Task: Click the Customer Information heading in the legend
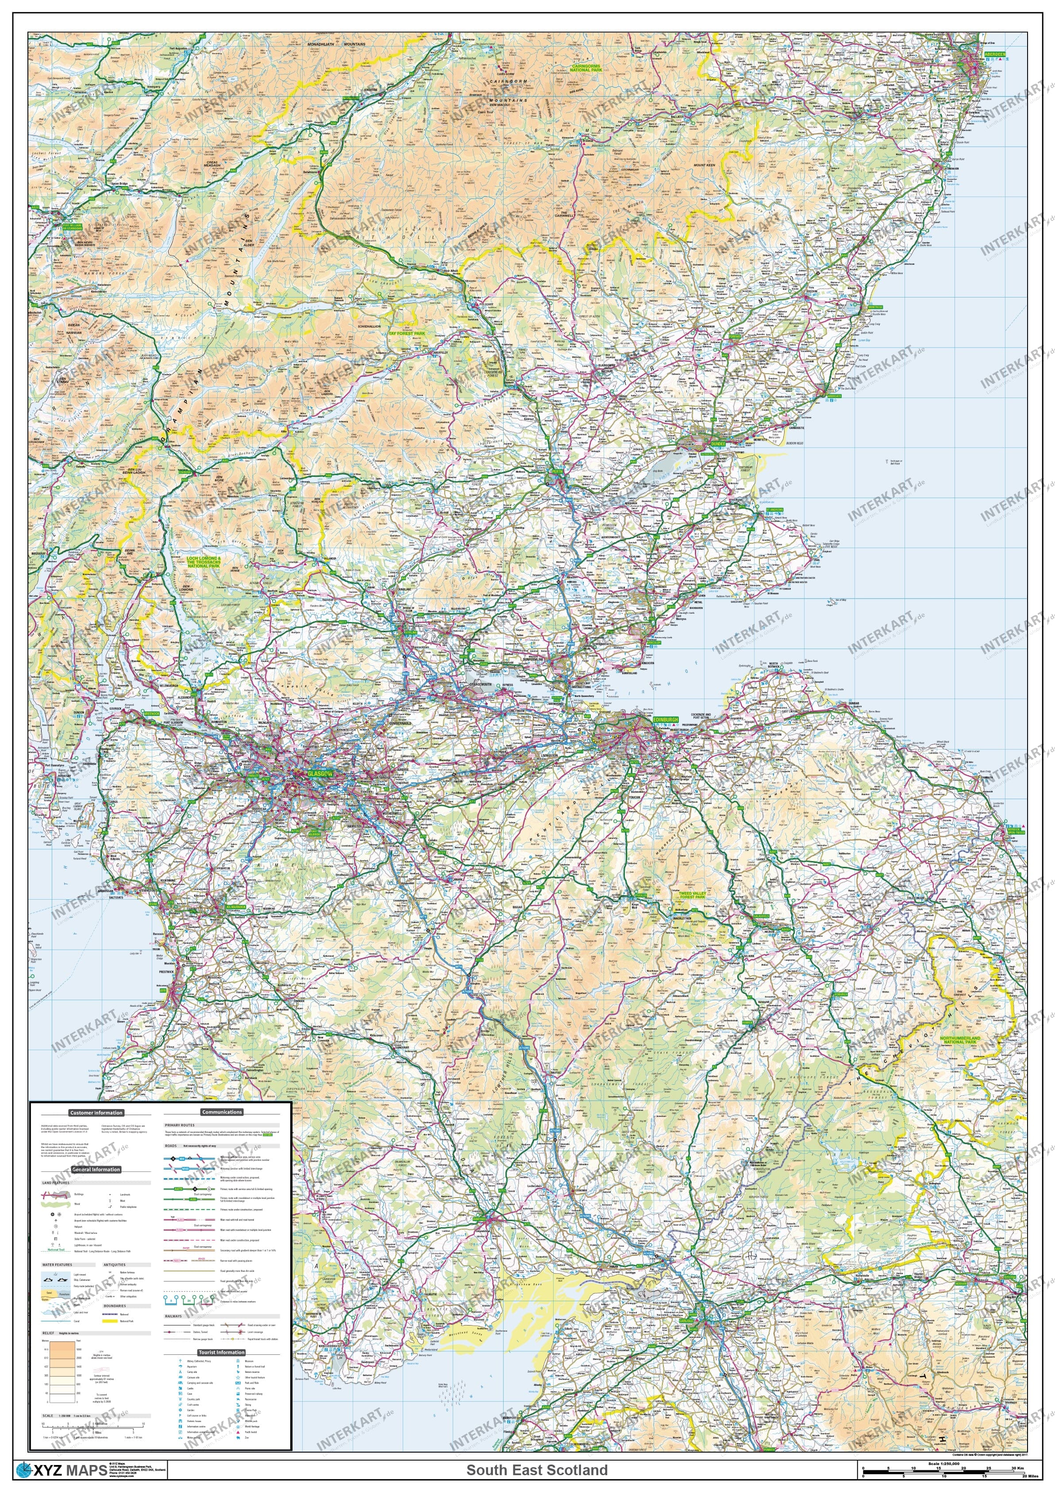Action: [96, 1113]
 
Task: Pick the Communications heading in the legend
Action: [222, 1112]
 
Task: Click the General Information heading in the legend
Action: [96, 1169]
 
